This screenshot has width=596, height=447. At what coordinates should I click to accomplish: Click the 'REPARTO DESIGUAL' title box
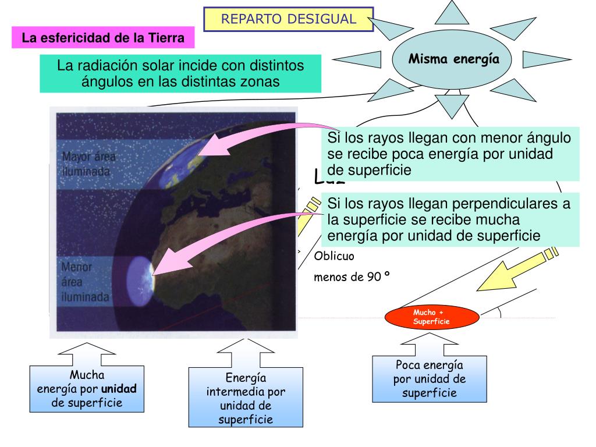[288, 19]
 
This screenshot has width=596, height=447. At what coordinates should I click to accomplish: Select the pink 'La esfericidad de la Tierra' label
[103, 39]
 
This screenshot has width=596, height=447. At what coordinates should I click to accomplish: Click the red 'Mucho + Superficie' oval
[432, 318]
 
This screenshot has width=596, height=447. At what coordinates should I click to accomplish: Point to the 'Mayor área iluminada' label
[89, 164]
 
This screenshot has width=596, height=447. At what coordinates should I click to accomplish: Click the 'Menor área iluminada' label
[86, 282]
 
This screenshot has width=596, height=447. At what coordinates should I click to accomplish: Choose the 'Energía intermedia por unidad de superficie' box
[246, 398]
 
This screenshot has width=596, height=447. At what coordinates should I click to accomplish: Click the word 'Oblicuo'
[334, 256]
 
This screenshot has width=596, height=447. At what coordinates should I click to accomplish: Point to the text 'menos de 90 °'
[352, 276]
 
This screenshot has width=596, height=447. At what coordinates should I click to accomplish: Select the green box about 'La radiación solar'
[180, 73]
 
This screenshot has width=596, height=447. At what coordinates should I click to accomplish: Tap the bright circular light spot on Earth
[140, 274]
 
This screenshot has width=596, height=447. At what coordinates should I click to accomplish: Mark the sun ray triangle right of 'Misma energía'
[541, 59]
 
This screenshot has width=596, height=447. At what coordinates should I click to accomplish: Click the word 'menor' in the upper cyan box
[506, 138]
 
